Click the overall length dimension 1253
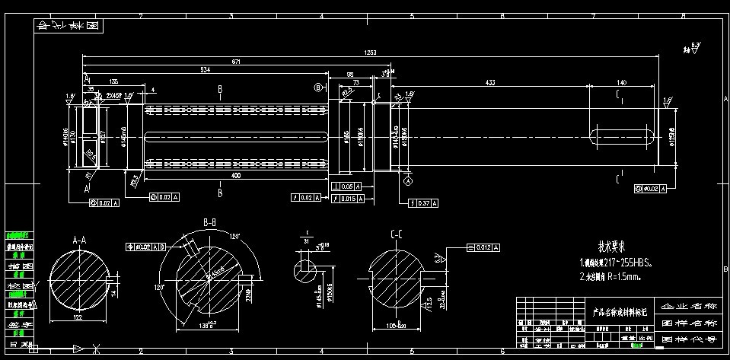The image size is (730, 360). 371,53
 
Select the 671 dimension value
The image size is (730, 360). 237,61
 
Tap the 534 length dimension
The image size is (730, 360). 206,70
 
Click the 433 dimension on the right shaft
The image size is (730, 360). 489,81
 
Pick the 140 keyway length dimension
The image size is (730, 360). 622,81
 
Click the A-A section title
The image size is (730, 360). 78,240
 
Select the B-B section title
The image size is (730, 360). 210,222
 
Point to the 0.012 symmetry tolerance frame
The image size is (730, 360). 483,247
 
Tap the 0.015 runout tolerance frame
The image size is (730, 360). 351,198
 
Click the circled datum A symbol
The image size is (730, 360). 407,182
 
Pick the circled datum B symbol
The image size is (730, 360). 318,88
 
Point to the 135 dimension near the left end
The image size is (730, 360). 114,81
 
